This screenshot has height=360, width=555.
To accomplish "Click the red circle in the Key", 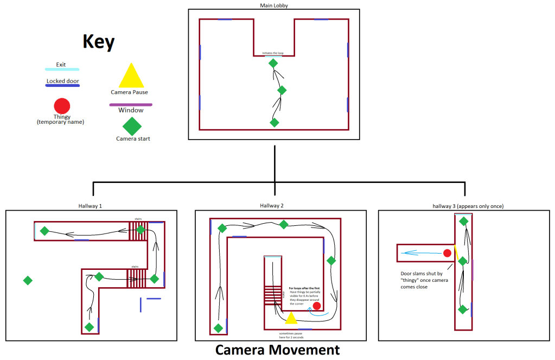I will pos(62,106).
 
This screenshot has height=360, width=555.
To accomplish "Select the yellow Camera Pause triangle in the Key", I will pos(131,77).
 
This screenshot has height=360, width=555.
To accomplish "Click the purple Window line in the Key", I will pos(131,104).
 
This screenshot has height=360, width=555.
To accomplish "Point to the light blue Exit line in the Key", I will pos(61,70).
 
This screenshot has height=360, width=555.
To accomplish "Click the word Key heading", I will pos(98,42).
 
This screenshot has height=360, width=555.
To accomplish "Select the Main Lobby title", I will pos(275,5).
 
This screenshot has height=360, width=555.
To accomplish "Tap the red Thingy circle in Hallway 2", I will pos(317,306).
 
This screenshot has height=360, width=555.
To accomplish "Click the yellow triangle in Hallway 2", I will pos(291,318).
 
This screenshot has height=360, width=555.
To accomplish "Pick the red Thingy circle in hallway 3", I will pos(447,253).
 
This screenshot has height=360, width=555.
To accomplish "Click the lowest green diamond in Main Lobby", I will pos(275,122).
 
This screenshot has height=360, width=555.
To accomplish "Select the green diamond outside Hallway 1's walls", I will pos(28,280).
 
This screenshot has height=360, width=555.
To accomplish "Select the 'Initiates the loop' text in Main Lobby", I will pos(273,53).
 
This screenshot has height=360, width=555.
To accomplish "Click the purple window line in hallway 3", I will pos(473,269).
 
